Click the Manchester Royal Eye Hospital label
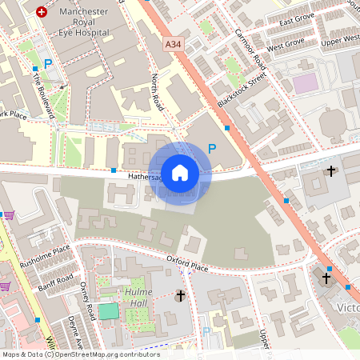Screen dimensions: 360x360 76,24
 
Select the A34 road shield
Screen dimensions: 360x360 172,45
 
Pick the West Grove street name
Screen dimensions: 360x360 286,46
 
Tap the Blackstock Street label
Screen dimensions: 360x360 241,92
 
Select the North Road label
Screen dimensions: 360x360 157,93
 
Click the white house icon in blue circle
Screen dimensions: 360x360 180,172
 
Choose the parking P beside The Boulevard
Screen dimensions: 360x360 48,64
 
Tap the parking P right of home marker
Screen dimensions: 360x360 212,148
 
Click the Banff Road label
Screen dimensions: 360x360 56,282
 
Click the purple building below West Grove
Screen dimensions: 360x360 305,83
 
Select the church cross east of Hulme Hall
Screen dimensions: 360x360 180,297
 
